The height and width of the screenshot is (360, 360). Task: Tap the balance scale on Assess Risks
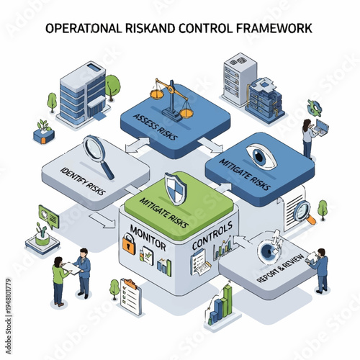[171, 99]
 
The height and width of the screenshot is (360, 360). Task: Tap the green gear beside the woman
[315, 107]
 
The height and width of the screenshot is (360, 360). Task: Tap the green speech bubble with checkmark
[49, 214]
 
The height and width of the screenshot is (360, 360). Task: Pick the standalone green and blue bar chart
[223, 303]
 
